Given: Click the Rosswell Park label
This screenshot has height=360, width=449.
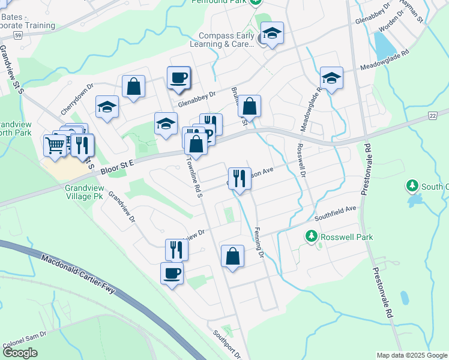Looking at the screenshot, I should (346, 237).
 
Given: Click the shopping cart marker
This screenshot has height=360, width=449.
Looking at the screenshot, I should (55, 144).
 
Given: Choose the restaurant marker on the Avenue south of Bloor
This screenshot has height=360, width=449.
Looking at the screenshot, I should (240, 178).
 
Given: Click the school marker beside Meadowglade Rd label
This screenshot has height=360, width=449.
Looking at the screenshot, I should (331, 78).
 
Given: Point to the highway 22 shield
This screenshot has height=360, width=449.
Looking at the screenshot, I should (432, 115).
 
